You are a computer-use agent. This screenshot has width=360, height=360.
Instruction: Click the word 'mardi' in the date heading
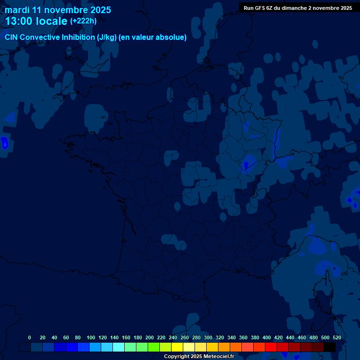point(17,10)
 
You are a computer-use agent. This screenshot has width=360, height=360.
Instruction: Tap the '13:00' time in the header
point(19,21)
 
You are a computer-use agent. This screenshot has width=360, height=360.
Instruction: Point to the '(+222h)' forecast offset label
point(83,21)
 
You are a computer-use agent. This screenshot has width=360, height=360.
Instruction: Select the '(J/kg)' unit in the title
point(106,37)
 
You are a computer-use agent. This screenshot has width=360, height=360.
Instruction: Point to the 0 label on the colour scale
point(30,337)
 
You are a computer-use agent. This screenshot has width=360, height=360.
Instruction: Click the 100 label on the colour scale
point(91,337)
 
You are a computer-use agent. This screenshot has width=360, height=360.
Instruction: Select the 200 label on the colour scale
point(150,337)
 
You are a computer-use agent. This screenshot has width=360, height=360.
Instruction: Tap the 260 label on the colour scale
point(185,337)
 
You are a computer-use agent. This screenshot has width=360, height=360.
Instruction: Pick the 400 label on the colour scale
point(267,337)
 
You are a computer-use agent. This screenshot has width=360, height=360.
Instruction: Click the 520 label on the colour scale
point(337,337)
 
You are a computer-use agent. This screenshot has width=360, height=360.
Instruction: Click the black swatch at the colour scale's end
point(330,347)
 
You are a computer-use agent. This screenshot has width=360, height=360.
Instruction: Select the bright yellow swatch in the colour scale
point(177,347)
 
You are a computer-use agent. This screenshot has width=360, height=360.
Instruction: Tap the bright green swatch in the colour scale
point(154,347)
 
